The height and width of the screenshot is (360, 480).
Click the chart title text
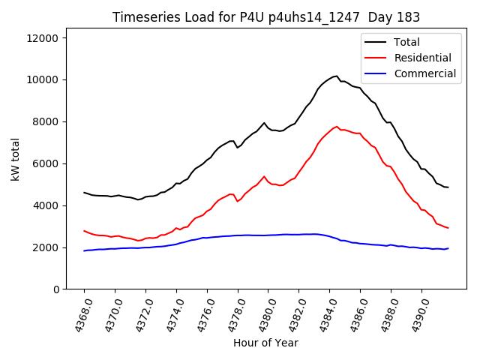[x=266, y=17]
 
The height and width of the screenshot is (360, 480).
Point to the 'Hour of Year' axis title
[x=265, y=343]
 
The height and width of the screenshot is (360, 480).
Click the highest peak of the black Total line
[x=337, y=76]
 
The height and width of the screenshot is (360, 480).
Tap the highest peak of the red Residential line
[x=337, y=126]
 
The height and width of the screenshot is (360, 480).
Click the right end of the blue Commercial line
[x=448, y=248]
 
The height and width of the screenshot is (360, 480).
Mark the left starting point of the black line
[x=84, y=193]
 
